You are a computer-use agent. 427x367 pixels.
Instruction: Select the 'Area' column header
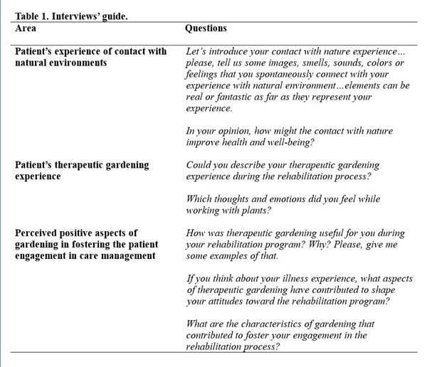tap(26, 28)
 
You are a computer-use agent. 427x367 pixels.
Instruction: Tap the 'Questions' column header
tap(206, 28)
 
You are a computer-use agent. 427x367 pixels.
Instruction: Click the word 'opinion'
tap(228, 131)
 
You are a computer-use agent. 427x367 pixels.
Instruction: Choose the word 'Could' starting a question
tap(199, 165)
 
